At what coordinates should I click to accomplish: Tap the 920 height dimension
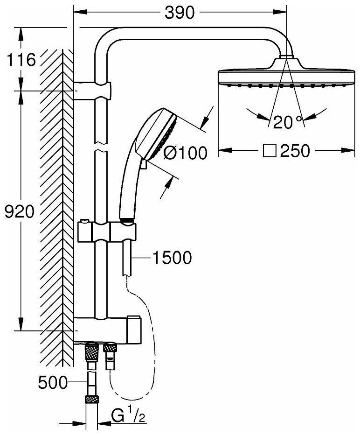(19, 212)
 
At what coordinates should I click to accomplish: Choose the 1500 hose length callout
(172, 257)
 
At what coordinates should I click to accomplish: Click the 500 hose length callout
(52, 384)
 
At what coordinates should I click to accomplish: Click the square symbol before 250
(271, 151)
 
